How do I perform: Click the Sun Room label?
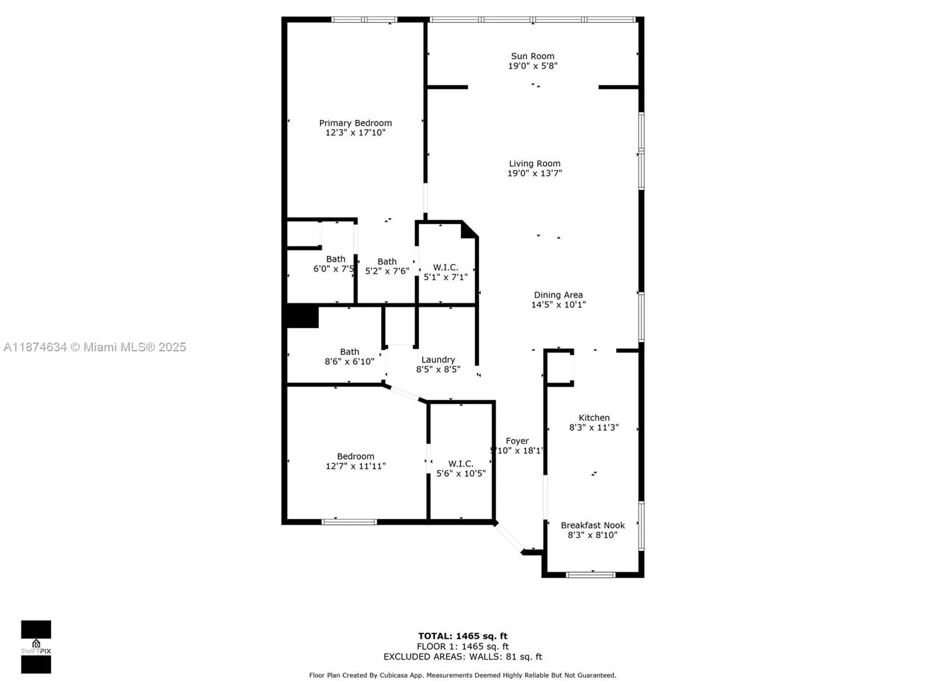point(532,56)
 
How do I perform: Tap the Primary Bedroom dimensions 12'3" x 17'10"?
point(355,133)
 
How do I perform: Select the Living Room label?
point(535,163)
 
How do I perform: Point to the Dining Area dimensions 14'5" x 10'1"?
point(558,304)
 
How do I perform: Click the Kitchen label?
point(594,417)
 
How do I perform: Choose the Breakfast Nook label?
point(592,525)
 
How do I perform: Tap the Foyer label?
point(517,441)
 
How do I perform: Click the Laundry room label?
point(438,359)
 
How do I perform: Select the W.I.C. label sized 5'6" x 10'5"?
point(461,464)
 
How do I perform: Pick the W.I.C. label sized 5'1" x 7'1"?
point(445,267)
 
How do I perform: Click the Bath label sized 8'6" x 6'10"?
point(349,352)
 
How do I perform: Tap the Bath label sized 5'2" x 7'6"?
point(387,261)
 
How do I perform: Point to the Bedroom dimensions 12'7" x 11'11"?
point(355,466)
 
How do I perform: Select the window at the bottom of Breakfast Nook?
point(591,575)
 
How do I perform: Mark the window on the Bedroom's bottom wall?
point(349,522)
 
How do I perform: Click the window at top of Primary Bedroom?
point(364,19)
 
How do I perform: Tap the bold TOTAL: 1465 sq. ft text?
point(462,636)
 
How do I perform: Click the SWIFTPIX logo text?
point(36,651)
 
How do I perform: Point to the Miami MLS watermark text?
point(95,347)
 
